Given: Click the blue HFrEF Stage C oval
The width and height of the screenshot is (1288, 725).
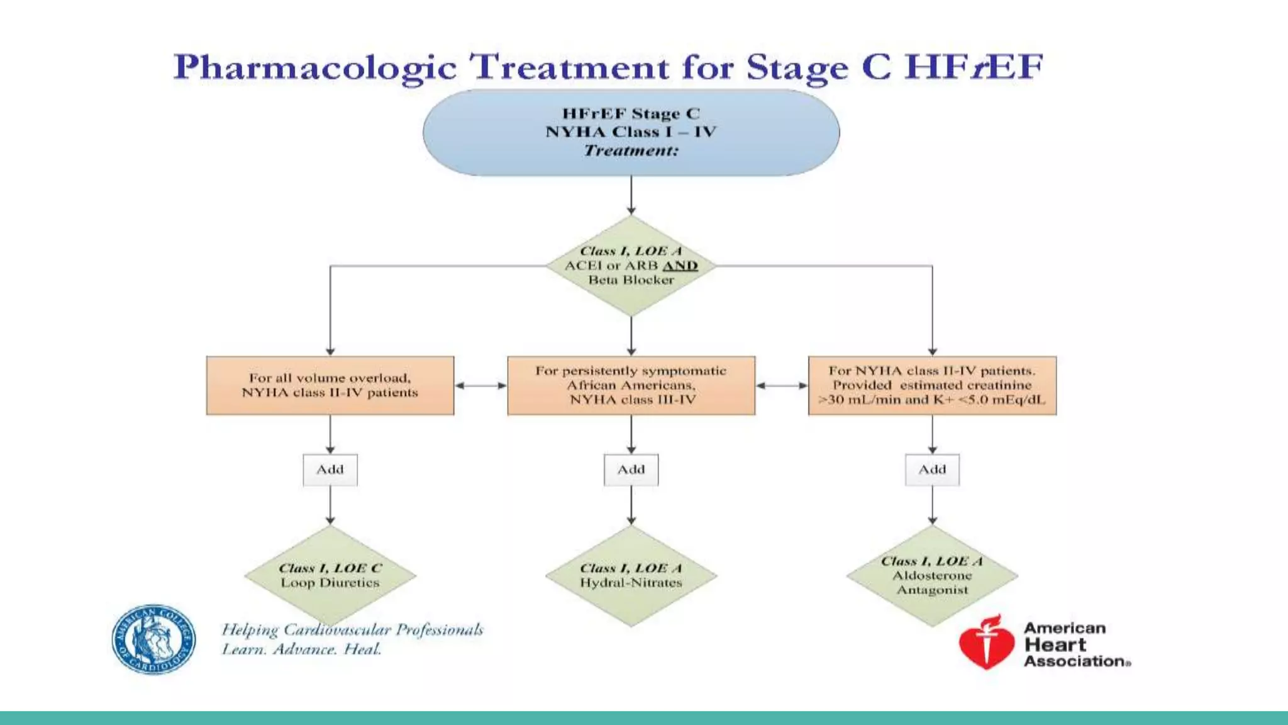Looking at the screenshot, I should [x=631, y=132].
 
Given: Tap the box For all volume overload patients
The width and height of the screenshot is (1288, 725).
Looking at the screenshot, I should [x=330, y=385].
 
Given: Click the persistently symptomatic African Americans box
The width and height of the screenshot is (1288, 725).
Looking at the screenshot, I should [x=631, y=385].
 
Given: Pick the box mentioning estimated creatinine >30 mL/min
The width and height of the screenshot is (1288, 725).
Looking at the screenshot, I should [x=932, y=385].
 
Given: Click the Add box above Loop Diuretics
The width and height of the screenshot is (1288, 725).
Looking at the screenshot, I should [x=330, y=469].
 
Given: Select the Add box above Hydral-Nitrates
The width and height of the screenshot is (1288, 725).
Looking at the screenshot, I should [x=631, y=469].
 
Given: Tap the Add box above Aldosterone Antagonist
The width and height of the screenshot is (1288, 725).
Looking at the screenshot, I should [x=932, y=469].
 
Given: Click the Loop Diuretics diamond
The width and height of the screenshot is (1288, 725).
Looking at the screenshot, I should [x=330, y=575].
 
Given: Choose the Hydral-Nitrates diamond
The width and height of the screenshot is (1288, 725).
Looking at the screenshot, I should [x=631, y=575].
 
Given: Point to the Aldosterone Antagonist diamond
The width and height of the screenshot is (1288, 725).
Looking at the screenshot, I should [x=932, y=575].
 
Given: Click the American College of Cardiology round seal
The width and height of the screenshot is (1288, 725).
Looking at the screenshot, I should [x=153, y=639].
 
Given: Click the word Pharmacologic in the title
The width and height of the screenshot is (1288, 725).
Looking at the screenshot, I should [x=314, y=68].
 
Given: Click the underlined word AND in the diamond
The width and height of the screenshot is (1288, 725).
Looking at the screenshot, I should [x=680, y=266].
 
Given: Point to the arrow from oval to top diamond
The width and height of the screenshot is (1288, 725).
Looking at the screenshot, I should [x=631, y=195].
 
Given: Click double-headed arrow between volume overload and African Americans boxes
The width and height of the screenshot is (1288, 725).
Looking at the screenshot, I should [x=480, y=385].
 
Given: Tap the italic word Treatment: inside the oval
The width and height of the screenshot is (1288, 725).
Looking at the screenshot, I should [x=631, y=150].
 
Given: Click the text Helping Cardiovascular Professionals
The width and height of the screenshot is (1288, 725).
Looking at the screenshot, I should [x=352, y=630].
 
